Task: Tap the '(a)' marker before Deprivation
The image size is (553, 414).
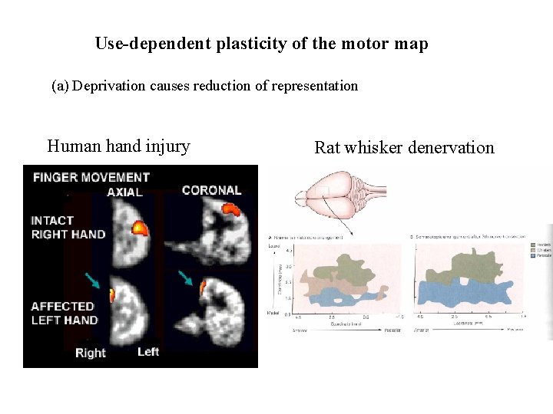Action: click(60, 86)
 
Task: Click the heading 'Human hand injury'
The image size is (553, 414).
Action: click(118, 146)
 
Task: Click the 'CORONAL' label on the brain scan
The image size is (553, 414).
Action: click(212, 190)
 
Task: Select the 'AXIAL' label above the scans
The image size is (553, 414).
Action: click(126, 192)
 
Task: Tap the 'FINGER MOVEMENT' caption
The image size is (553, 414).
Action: click(91, 177)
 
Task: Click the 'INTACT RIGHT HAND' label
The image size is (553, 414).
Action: click(68, 227)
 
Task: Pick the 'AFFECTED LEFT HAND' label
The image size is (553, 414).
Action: click(65, 313)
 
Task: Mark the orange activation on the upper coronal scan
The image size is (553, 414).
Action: click(230, 208)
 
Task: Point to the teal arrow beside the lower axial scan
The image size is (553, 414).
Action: click(93, 281)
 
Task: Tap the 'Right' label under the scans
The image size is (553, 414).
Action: click(91, 353)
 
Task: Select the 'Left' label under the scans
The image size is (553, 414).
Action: click(148, 352)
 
